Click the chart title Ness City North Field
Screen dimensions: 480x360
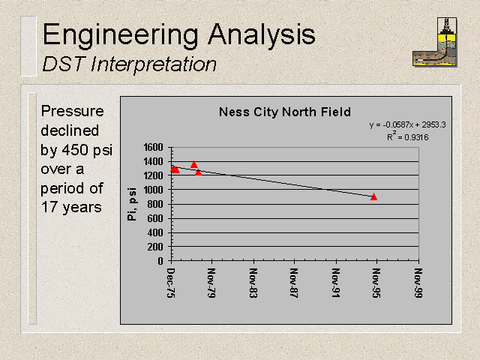[285, 112]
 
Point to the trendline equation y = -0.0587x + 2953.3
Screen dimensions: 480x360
[407, 125]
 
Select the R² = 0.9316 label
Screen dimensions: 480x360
[407, 136]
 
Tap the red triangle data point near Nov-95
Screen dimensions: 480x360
[373, 196]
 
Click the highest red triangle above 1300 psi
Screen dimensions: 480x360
[193, 164]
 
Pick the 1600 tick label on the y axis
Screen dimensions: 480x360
[153, 148]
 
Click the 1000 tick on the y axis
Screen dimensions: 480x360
[153, 190]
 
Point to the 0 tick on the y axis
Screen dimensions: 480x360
[160, 261]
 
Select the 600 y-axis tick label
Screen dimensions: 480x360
[155, 218]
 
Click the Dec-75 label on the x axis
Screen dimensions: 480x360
[171, 283]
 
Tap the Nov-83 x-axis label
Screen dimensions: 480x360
[253, 283]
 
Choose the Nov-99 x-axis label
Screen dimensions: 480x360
[418, 283]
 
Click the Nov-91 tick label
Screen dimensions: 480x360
[336, 283]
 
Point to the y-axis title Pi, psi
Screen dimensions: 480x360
[132, 204]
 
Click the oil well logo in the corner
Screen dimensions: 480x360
[435, 42]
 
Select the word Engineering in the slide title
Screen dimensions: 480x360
[121, 35]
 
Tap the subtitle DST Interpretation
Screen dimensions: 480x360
[129, 64]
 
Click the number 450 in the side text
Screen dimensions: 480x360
[76, 150]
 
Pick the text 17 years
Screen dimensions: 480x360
[71, 207]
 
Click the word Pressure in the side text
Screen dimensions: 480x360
[72, 111]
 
